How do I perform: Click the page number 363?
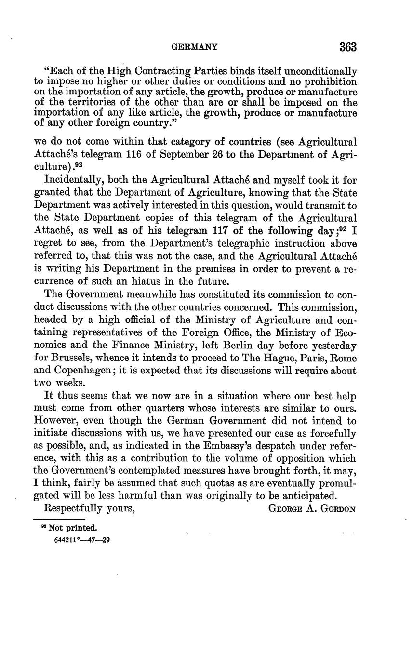point(347,47)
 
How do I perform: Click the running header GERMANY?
point(194,47)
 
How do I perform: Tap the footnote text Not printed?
point(73,527)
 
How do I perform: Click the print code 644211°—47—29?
point(82,540)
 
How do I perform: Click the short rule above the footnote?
point(58,519)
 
